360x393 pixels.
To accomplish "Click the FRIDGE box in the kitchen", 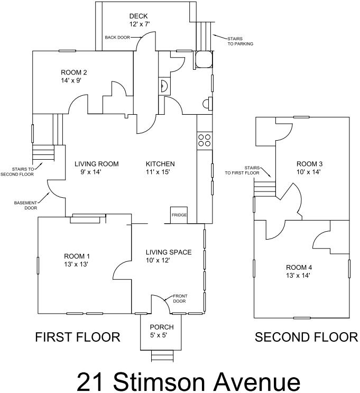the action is point(179,215).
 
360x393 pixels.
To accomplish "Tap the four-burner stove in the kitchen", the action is point(205,140).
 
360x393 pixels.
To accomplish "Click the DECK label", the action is point(139,16).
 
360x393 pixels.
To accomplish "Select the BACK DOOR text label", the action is point(117,38).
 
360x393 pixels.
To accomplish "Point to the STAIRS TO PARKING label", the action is point(240,41).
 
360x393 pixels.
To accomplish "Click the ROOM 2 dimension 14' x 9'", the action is point(71,81).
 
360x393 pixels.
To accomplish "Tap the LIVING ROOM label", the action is point(96,164).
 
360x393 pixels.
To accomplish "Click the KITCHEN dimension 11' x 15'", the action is point(158,172).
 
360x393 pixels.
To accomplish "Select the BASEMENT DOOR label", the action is point(25,205).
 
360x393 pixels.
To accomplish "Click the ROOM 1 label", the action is point(77,256).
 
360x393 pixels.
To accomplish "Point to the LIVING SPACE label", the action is point(169,252).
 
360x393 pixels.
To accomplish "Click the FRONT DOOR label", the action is point(180,298).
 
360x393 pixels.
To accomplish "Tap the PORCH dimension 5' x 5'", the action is point(159,335).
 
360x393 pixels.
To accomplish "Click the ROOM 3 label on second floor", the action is point(309,164).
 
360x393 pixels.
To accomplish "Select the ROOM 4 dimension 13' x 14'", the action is point(298,276).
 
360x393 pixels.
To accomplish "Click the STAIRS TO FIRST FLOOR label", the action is point(242,170).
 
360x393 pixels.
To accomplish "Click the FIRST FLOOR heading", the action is point(78,337).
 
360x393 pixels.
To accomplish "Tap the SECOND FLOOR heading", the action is point(306,337).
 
